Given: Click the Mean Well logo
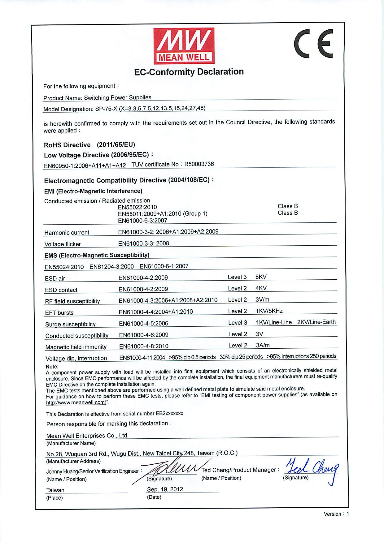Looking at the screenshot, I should [184, 46].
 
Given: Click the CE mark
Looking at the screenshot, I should [313, 44].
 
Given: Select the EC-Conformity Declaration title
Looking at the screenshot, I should [189, 72].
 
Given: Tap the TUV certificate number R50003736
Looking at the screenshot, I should [199, 164].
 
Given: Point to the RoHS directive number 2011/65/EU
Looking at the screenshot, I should [116, 144].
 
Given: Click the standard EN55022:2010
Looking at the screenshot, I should [137, 207].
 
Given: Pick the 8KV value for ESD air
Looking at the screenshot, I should [261, 277].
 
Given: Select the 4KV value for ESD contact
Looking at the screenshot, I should [261, 288].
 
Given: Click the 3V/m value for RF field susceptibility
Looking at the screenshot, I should [262, 299].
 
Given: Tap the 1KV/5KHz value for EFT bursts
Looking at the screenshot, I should [269, 311].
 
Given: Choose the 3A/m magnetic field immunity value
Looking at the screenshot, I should [263, 345].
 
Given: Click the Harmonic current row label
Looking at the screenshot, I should [67, 233].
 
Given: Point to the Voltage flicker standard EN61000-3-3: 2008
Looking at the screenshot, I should [144, 243].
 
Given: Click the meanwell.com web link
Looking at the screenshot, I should [76, 402].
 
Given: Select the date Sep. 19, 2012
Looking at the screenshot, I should [165, 489].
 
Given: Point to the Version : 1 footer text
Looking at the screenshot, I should [336, 514].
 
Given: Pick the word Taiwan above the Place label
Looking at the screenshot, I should [55, 490].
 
